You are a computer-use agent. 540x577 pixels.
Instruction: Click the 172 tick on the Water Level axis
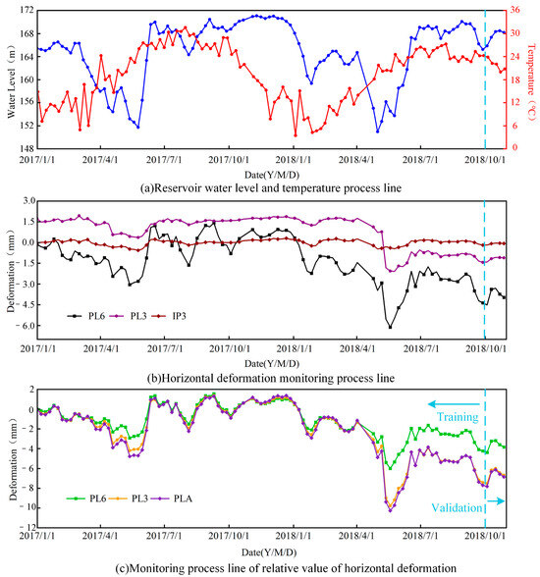click(x=27, y=11)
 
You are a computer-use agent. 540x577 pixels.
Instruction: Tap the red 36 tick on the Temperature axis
click(x=514, y=10)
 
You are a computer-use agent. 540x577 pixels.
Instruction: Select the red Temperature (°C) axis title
click(x=531, y=81)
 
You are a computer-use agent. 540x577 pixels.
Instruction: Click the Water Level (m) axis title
click(x=12, y=82)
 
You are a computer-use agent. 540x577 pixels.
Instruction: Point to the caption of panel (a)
click(x=271, y=188)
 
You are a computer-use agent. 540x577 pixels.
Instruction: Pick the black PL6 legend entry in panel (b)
click(x=86, y=316)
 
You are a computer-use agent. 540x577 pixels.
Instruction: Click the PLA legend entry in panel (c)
click(x=173, y=498)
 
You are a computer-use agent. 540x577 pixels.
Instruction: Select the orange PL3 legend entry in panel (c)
click(x=130, y=498)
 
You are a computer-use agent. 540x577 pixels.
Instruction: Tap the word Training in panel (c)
click(x=458, y=417)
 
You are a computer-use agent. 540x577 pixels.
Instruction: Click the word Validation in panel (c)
click(x=457, y=508)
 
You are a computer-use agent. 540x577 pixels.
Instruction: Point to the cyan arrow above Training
click(x=454, y=404)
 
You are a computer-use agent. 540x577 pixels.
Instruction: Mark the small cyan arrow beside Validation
click(x=496, y=500)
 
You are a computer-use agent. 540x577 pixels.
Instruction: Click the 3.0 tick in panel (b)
click(x=28, y=201)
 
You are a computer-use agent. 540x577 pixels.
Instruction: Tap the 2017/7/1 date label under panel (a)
click(x=164, y=160)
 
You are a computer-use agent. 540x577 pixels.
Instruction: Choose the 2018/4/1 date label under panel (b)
click(x=357, y=348)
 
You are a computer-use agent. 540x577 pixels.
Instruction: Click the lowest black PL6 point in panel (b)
click(x=390, y=327)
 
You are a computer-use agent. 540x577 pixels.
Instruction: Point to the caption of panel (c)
click(x=286, y=568)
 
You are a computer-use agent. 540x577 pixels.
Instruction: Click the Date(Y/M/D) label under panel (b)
click(x=272, y=363)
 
